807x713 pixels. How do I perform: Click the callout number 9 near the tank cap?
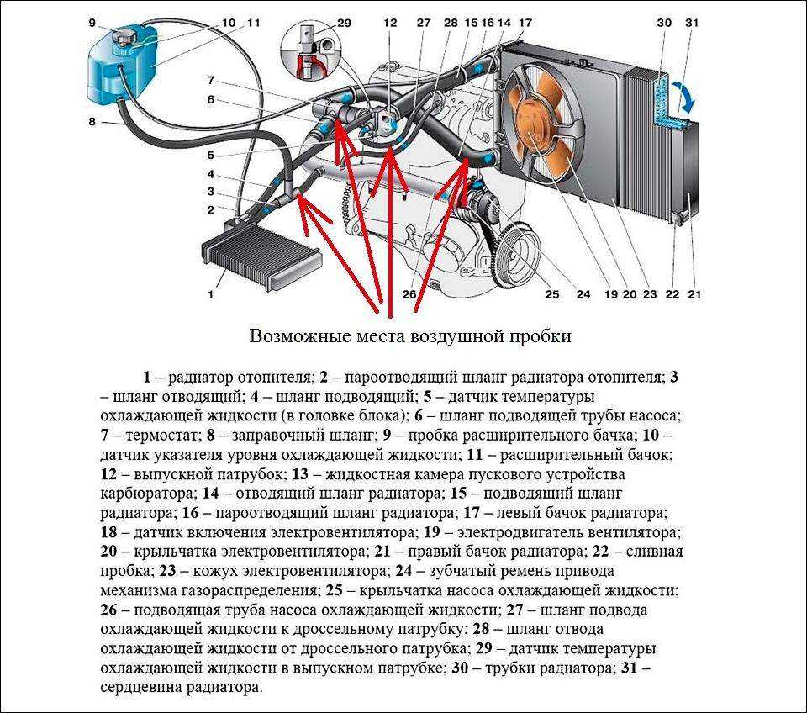coord(92,23)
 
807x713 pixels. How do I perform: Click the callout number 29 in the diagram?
coord(343,23)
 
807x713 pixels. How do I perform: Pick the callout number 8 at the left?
coord(92,123)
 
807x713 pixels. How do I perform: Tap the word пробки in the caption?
coord(543,336)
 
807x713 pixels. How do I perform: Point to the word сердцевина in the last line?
coord(139,687)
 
